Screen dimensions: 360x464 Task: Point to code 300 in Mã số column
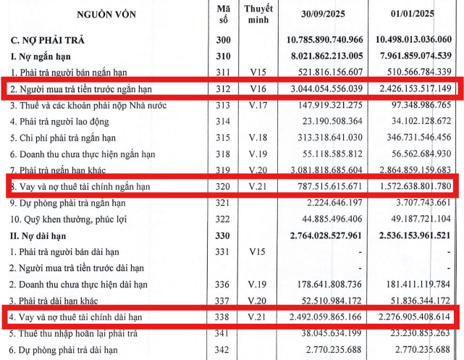tap(222, 39)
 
